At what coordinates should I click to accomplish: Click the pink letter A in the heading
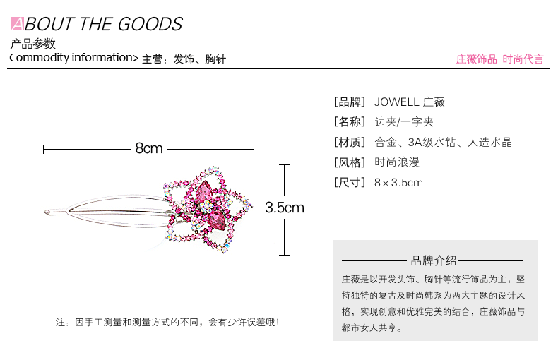(17, 24)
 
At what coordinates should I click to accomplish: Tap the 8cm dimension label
(149, 148)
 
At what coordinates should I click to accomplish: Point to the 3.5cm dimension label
(285, 208)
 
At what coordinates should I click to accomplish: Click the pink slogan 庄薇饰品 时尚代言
(499, 59)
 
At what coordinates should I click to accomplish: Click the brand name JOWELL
(396, 102)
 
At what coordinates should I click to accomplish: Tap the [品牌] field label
(350, 102)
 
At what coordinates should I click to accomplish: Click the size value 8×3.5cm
(398, 183)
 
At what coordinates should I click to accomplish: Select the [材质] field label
(350, 143)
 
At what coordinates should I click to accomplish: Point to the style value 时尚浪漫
(397, 162)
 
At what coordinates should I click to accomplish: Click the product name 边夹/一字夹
(404, 122)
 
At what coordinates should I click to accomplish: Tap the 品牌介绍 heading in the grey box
(433, 260)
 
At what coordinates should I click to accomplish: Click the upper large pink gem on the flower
(205, 191)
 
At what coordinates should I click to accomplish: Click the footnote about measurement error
(167, 323)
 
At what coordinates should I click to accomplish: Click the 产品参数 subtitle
(32, 44)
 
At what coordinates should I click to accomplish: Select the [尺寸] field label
(350, 183)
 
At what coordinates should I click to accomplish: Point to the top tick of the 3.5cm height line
(285, 165)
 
